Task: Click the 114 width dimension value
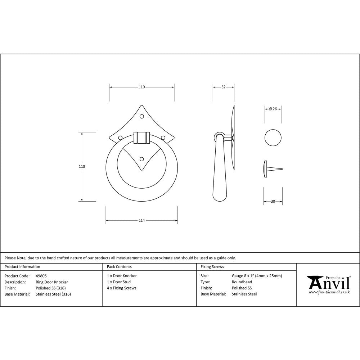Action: click(141, 220)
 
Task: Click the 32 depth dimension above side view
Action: click(223, 87)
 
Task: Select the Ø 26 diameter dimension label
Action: click(273, 109)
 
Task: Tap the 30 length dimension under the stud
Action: click(273, 202)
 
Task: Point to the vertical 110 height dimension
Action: click(82, 166)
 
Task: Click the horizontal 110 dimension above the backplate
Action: click(141, 87)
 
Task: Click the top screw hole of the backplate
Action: click(141, 116)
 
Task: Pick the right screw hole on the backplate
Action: click(163, 137)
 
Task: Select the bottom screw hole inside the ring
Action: click(141, 158)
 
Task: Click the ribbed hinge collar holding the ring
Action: click(141, 138)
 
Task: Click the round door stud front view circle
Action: click(273, 138)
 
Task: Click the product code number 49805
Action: click(41, 276)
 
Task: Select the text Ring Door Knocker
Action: click(52, 282)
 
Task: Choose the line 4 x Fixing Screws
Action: click(121, 288)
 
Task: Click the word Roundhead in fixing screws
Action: click(242, 282)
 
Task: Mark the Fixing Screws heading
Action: click(212, 267)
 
